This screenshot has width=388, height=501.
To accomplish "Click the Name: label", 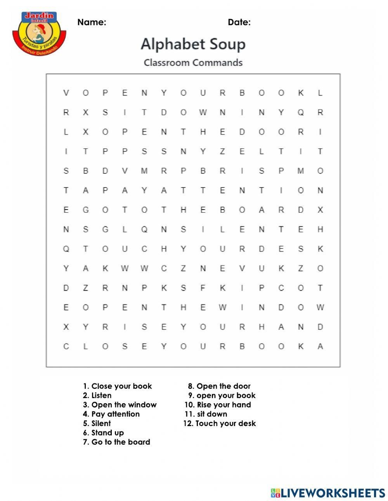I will [92, 22].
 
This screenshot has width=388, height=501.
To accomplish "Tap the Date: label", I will [239, 22].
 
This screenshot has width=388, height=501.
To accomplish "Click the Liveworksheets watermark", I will [327, 493].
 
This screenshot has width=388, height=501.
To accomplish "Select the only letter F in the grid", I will [203, 288].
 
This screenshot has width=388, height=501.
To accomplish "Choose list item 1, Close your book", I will [117, 386].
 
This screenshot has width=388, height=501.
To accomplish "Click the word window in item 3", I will [142, 405].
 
